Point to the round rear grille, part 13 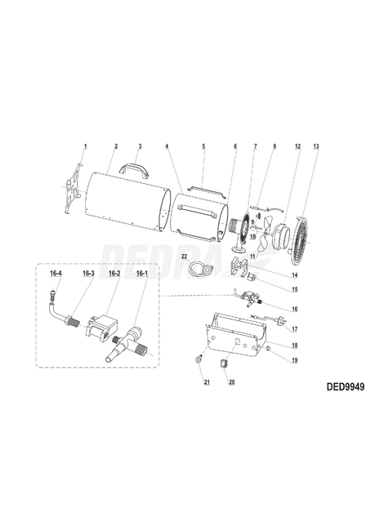(x=303, y=238)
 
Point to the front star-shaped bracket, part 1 (x=71, y=192)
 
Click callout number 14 (x=295, y=275)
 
